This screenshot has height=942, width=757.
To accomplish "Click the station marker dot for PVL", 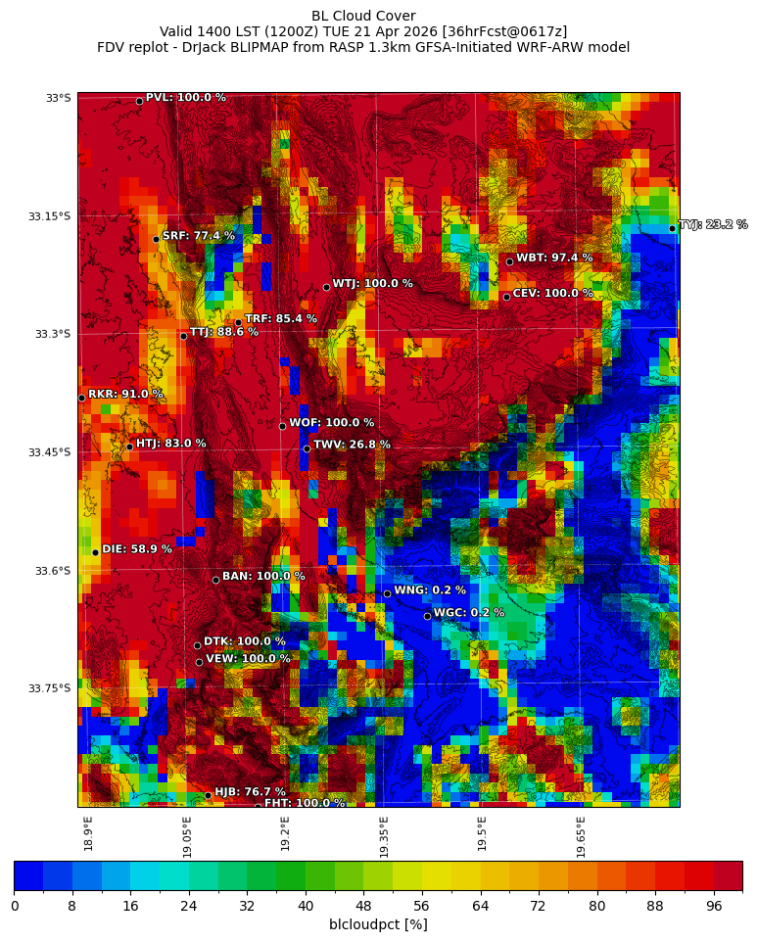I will point(139,101).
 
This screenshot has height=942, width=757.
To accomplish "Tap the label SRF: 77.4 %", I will point(198,236).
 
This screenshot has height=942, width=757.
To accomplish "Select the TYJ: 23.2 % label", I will point(713,225).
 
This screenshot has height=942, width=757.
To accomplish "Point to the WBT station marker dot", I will point(509,261).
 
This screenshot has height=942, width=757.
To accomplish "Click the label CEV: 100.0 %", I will point(552,294).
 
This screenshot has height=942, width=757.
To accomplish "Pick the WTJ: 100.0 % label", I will point(372,284).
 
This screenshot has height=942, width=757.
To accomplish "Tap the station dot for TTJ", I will point(183,336).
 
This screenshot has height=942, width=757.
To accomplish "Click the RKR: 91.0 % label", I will point(125,395).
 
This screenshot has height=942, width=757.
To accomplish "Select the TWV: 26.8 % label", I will point(352,445).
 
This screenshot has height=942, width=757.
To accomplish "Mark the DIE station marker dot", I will point(95,552).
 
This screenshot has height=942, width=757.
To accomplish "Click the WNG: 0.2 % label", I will point(430,590).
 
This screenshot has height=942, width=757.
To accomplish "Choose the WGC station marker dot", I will point(427,616).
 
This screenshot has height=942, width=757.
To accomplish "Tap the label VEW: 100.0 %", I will point(248,659).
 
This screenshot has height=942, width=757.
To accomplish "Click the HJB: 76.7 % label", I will point(250,792).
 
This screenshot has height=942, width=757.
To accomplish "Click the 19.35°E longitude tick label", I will point(384,836).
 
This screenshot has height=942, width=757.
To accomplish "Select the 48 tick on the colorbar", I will point(363,906).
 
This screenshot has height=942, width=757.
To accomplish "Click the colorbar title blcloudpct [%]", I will point(378,924).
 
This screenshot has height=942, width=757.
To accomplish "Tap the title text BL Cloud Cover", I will point(363,16).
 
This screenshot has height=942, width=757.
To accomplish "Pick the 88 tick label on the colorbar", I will point(655,906).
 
